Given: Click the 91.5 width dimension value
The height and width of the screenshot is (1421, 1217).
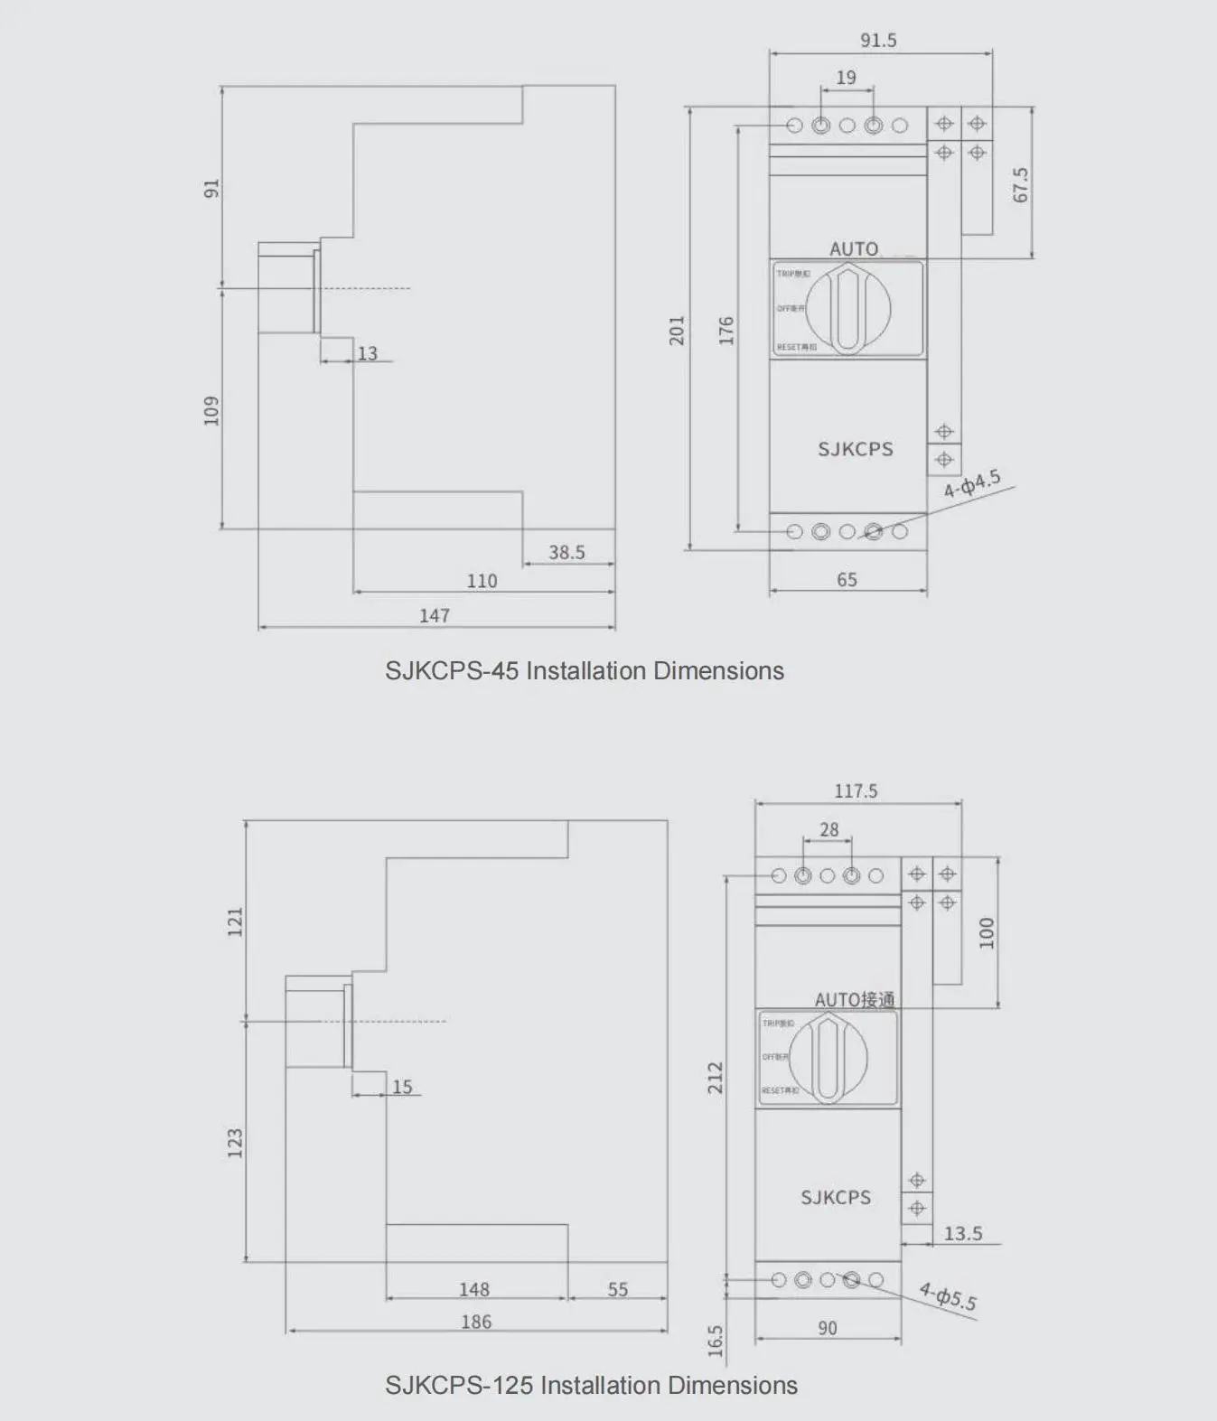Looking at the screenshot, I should point(878,41).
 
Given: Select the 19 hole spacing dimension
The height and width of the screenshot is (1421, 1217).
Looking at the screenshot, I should point(846,78).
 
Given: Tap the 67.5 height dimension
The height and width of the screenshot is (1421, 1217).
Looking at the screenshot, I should point(1020,184).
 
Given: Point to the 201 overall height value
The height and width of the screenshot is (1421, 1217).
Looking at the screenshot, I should point(677,330).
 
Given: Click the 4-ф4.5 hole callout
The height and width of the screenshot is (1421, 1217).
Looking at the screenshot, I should point(972,484).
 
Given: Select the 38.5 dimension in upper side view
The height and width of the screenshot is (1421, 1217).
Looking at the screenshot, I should point(566,552).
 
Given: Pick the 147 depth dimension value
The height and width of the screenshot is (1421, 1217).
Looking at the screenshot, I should point(435,615).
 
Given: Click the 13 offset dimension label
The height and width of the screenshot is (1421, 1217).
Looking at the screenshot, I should point(367,353).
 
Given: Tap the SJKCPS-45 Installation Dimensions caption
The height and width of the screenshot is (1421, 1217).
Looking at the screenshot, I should point(585,671).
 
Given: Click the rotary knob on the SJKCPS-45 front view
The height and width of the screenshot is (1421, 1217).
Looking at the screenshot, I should point(847,309).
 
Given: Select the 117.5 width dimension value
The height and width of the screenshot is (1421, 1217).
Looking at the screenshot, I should point(856,791).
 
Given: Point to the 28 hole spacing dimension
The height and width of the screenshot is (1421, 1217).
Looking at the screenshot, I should point(828,829).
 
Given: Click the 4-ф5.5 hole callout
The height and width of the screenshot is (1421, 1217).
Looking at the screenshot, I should point(948,1296).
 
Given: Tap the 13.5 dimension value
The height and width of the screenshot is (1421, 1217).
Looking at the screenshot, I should point(962,1233).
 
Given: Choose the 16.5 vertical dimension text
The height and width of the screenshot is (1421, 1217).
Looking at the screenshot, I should point(716,1341).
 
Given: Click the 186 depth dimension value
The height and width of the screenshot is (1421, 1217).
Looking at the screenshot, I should point(476,1322).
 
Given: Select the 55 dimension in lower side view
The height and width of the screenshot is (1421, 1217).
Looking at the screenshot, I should point(617,1289).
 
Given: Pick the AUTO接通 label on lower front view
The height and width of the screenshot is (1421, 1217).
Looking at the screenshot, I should point(854,999).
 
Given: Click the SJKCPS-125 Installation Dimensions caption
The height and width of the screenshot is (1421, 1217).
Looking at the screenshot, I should point(591,1386).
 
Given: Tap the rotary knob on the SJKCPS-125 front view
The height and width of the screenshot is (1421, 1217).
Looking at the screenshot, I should point(828,1058).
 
